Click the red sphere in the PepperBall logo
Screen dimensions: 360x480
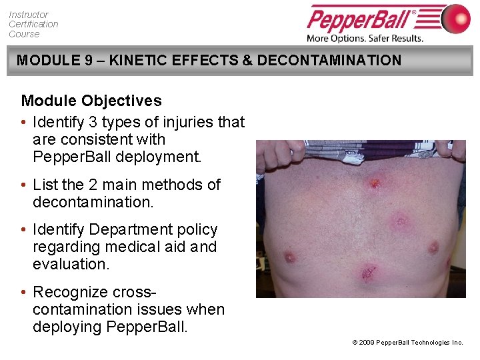click(456, 18)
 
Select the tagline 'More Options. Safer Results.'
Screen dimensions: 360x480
click(365, 38)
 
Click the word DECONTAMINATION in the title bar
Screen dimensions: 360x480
click(329, 61)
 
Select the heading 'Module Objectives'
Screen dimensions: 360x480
click(91, 101)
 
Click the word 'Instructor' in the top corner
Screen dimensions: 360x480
click(29, 14)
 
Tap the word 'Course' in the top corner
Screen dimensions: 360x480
click(24, 34)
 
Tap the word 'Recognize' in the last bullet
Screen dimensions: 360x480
click(70, 292)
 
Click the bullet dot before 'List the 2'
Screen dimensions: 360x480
click(24, 185)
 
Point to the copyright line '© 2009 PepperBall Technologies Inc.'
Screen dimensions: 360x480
click(407, 342)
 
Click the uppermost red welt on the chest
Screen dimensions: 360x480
click(375, 181)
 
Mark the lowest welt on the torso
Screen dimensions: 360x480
click(367, 272)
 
